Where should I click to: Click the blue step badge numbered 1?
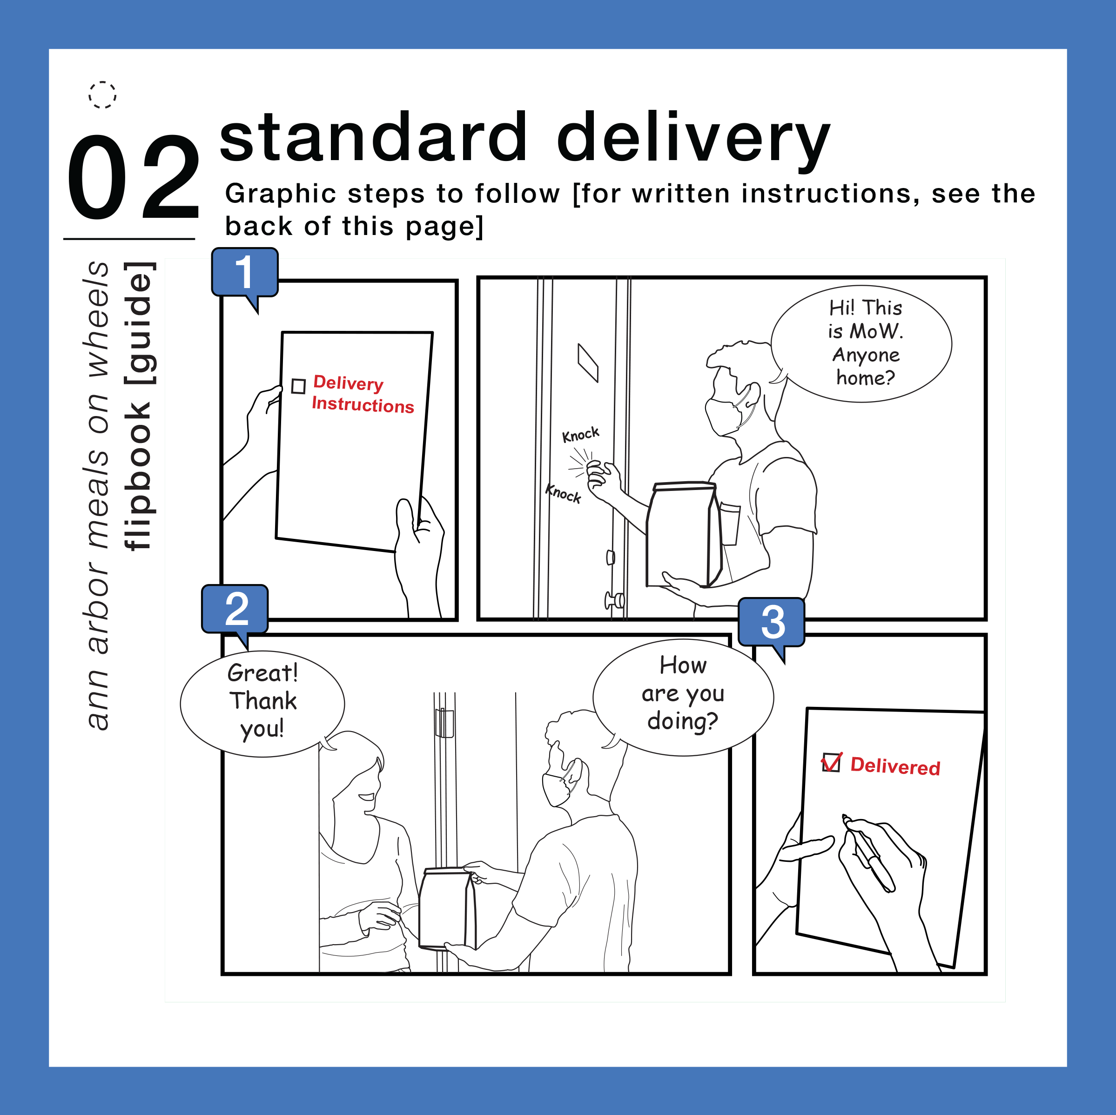[x=245, y=272]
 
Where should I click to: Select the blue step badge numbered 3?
[x=772, y=622]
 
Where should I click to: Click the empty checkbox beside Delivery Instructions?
[x=298, y=386]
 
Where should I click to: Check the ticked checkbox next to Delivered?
[x=831, y=763]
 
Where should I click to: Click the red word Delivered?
[x=895, y=766]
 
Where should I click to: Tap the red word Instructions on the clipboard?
[x=363, y=404]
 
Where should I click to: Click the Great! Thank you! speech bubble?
[x=263, y=702]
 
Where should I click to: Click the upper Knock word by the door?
[x=580, y=435]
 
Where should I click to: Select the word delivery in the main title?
[x=692, y=139]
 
